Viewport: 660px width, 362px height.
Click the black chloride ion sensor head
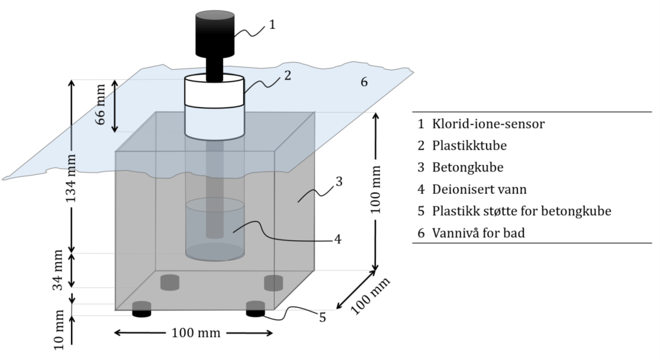click(x=215, y=33)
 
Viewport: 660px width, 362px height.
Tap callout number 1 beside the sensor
click(x=272, y=25)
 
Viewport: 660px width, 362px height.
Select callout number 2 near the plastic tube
click(x=287, y=75)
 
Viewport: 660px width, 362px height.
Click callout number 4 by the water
click(x=337, y=239)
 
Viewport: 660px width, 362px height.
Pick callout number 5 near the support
click(x=322, y=316)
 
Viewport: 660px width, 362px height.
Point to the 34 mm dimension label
click(x=57, y=269)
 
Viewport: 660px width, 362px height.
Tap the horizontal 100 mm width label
click(x=195, y=333)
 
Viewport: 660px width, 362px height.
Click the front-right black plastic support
click(x=255, y=310)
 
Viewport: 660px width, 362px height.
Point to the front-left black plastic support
click(x=142, y=310)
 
